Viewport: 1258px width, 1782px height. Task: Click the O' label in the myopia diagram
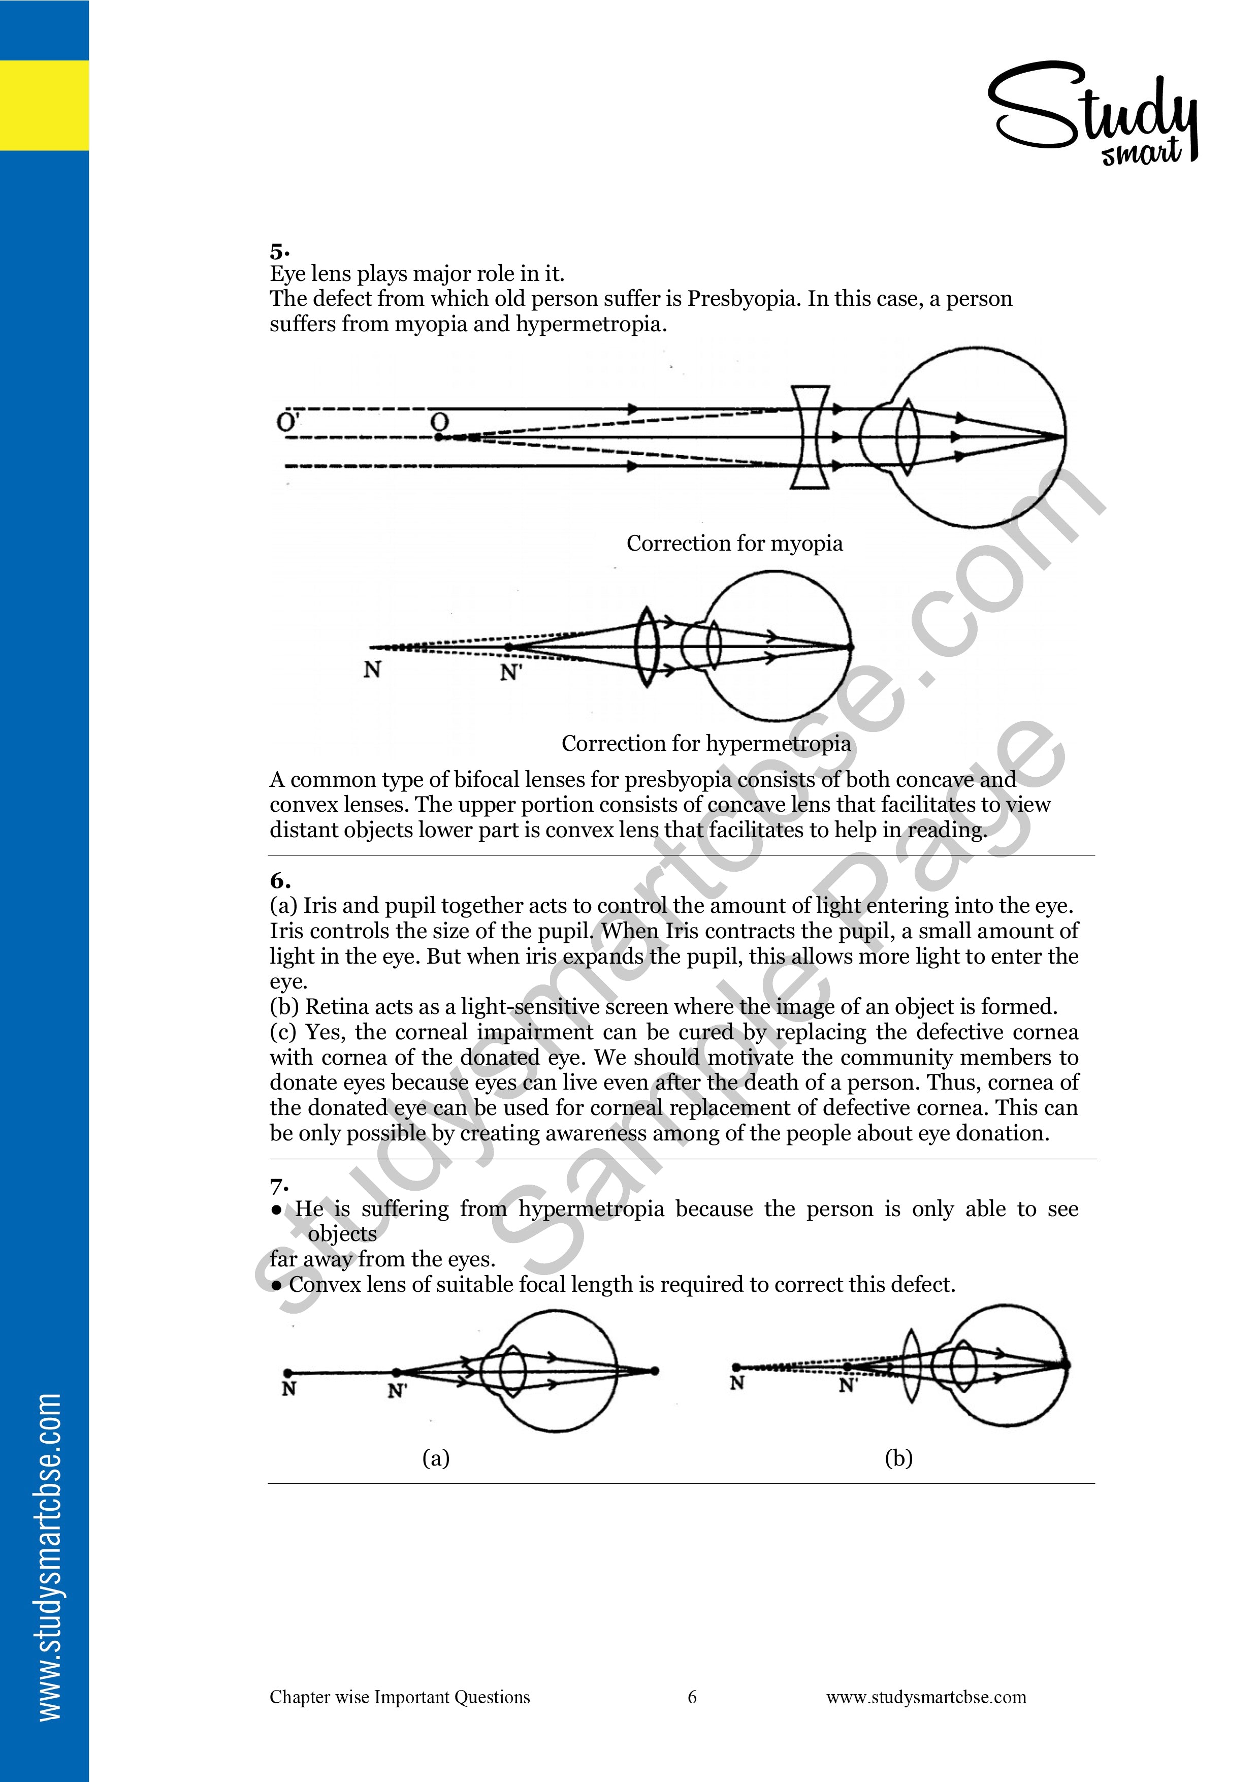tap(287, 422)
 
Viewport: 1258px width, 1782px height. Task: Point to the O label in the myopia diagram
tap(439, 422)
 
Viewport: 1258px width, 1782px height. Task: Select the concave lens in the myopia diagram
tap(810, 437)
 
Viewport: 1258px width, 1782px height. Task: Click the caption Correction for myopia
tap(734, 544)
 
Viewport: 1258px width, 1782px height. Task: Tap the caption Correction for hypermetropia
tap(705, 744)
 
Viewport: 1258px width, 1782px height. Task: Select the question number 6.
tap(279, 881)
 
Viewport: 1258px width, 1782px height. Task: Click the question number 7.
tap(279, 1186)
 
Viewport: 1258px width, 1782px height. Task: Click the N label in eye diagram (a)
tap(288, 1388)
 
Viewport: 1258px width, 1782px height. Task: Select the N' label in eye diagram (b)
tap(848, 1385)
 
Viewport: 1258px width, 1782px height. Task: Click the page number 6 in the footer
tap(692, 1697)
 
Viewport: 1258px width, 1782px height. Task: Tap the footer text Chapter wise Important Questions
tap(400, 1697)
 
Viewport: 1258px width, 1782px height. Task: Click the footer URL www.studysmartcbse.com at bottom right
tap(926, 1697)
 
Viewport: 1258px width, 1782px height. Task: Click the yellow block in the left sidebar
tap(44, 105)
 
